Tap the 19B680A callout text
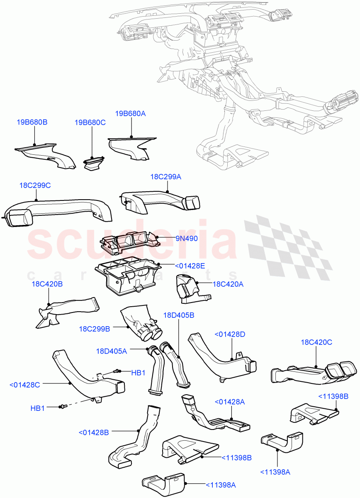[x=131, y=113]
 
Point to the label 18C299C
[x=35, y=186]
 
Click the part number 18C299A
[x=165, y=177]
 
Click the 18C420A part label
[x=228, y=284]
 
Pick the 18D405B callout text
[x=178, y=315]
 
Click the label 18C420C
[x=316, y=342]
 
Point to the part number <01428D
[x=230, y=334]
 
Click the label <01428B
[x=93, y=432]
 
